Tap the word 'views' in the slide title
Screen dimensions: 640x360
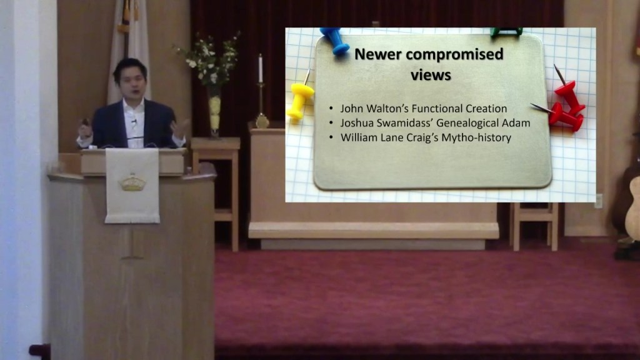(x=431, y=75)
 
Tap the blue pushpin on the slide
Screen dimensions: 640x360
(x=335, y=40)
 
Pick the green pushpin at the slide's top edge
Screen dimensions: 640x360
(x=506, y=31)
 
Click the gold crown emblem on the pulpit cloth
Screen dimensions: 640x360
(x=132, y=182)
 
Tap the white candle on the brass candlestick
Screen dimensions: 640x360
(x=260, y=69)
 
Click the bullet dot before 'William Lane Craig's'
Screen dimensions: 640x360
(x=331, y=137)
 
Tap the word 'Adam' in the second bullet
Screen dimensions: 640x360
(x=518, y=123)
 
